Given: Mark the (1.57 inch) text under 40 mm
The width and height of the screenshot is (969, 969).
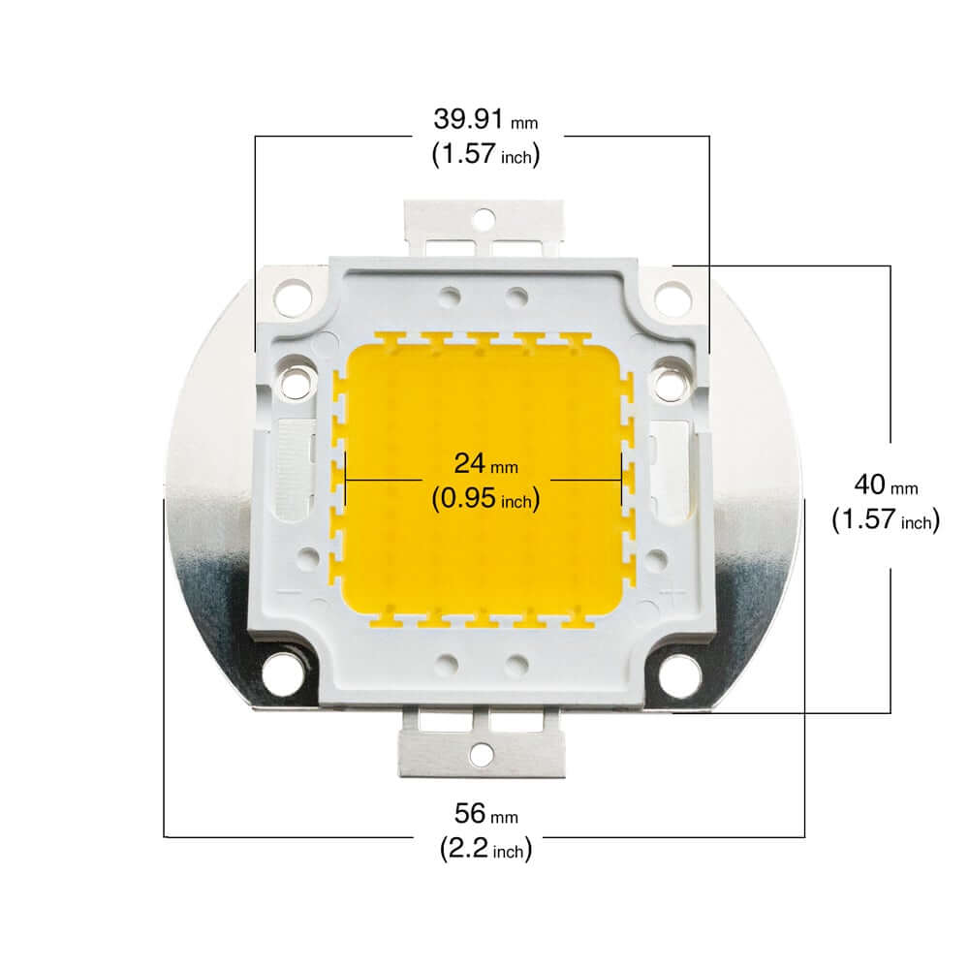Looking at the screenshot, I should click(x=885, y=520).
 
